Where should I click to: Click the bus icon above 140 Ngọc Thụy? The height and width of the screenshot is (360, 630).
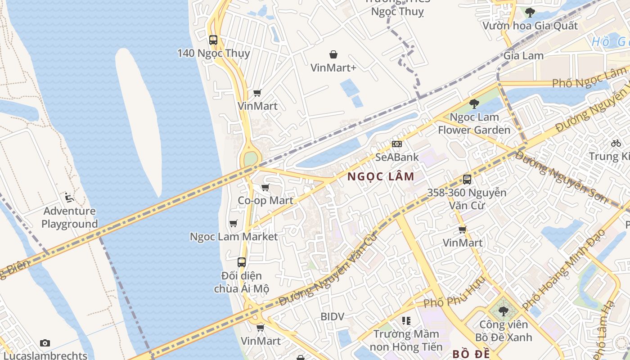pyautogui.click(x=213, y=40)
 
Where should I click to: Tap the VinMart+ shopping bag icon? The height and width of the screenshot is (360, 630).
pyautogui.click(x=333, y=54)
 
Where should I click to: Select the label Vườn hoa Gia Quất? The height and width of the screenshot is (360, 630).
pyautogui.click(x=530, y=26)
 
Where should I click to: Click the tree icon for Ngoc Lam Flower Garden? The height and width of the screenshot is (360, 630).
pyautogui.click(x=474, y=104)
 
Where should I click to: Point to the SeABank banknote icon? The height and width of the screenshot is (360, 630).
pyautogui.click(x=396, y=144)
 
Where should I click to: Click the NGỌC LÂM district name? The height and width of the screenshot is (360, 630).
pyautogui.click(x=381, y=177)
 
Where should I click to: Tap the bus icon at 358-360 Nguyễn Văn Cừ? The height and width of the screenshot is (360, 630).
pyautogui.click(x=467, y=180)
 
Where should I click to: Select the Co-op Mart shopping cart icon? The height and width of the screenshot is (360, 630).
pyautogui.click(x=265, y=187)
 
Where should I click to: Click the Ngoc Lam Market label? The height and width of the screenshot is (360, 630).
pyautogui.click(x=234, y=237)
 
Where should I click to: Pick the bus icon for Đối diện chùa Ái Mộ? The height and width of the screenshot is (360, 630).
pyautogui.click(x=242, y=262)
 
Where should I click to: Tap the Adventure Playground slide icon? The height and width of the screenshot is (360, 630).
pyautogui.click(x=69, y=197)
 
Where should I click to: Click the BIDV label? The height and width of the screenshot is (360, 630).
pyautogui.click(x=332, y=317)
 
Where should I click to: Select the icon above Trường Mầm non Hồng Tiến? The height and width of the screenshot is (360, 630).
pyautogui.click(x=406, y=321)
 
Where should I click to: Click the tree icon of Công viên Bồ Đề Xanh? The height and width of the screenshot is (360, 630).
pyautogui.click(x=503, y=311)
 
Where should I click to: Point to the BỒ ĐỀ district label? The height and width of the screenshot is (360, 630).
pyautogui.click(x=471, y=354)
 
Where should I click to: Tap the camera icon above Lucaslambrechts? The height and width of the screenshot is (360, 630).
pyautogui.click(x=45, y=343)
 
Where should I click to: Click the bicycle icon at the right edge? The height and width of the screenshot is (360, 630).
pyautogui.click(x=616, y=143)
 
